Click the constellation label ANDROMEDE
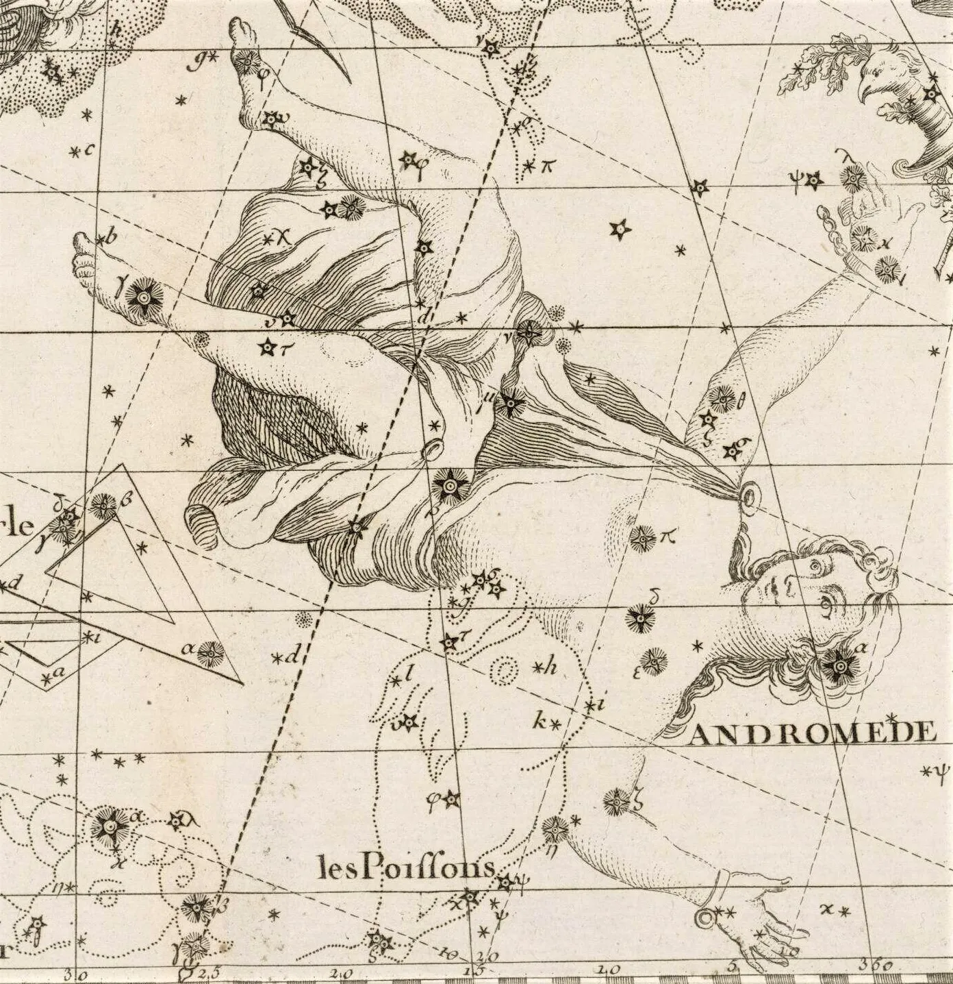(x=812, y=734)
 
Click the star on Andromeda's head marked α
(x=837, y=665)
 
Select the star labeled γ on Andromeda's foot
(x=143, y=297)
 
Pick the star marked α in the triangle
(x=209, y=654)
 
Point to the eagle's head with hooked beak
(x=883, y=79)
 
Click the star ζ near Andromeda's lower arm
(x=615, y=800)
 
